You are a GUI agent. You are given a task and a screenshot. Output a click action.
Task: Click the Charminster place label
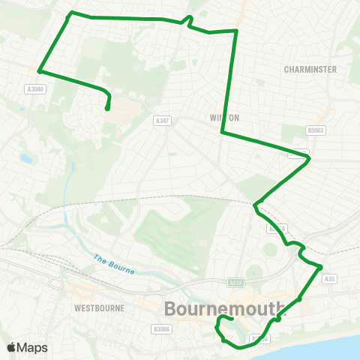pos(310,69)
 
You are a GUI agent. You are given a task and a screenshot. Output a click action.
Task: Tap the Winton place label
pos(225,118)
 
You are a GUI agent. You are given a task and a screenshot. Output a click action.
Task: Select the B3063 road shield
pos(316,130)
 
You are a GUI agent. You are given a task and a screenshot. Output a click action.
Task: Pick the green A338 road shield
pos(236,283)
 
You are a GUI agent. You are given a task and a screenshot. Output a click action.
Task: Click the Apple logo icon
pos(11,347)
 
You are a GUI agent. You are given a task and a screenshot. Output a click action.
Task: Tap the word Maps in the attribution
pos(32,347)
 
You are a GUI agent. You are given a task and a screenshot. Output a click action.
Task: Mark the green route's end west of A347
pos(108,109)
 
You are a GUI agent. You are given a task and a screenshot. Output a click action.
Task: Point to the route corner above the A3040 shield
pos(39,71)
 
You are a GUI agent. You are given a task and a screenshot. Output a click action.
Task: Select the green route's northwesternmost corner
pos(70,13)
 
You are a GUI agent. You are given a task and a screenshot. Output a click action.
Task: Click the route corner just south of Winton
pos(222,133)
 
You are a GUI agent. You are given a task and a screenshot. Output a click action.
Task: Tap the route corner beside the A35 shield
pos(320,267)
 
